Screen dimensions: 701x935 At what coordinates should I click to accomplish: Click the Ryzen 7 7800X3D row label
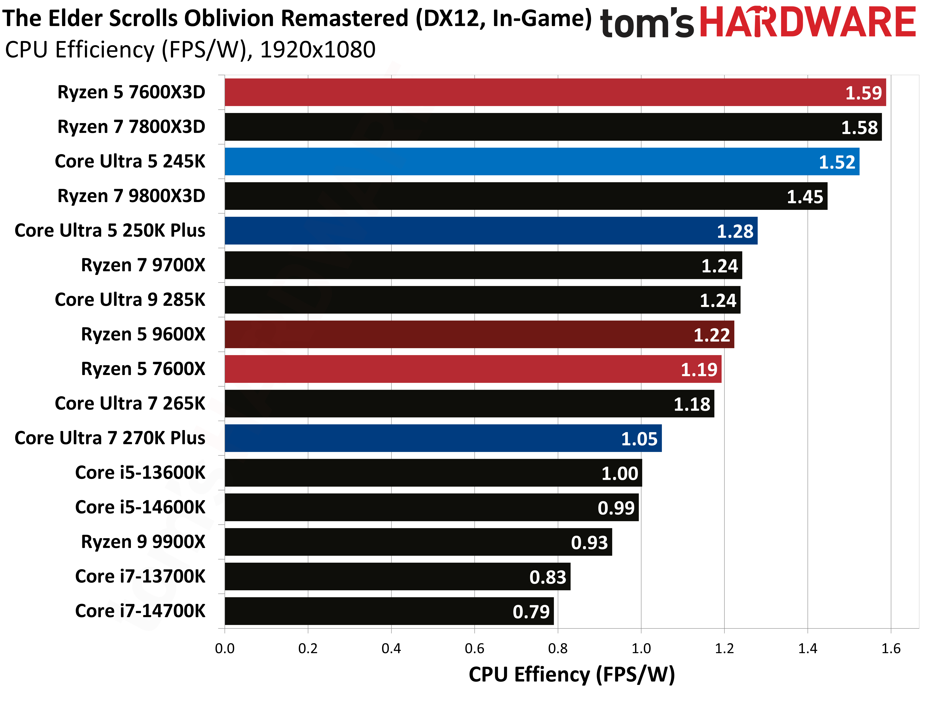pos(131,127)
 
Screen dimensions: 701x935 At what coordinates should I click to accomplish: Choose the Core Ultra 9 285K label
pos(130,300)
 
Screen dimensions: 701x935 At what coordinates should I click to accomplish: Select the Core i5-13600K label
pos(140,473)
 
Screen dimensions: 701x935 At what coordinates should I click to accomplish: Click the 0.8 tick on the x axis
pos(558,648)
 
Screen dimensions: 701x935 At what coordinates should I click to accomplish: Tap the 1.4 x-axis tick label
pos(807,648)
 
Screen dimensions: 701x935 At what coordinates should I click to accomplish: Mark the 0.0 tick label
pos(224,648)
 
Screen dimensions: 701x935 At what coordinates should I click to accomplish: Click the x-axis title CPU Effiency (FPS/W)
pos(571,674)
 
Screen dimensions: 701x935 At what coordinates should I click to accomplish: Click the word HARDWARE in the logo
pos(807,22)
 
